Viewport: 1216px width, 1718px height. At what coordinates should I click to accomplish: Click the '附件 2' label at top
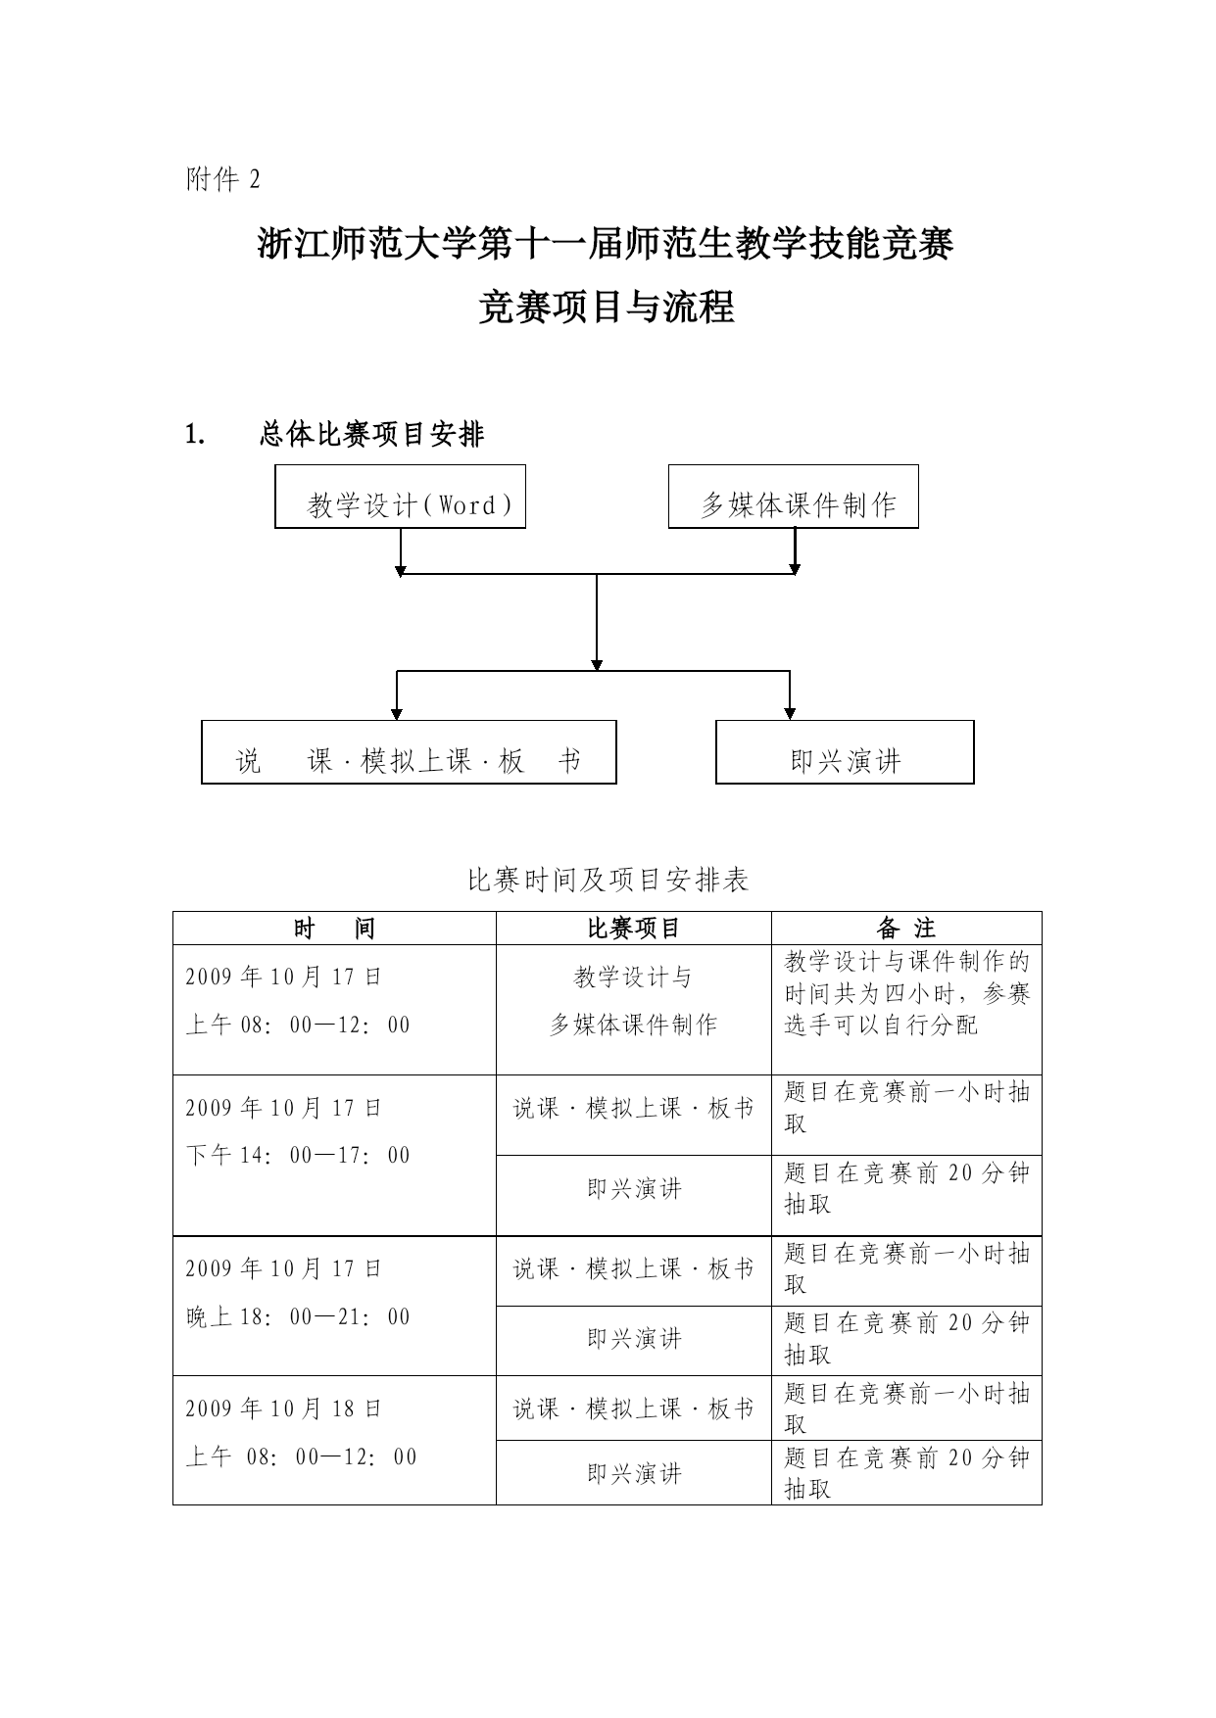(x=223, y=179)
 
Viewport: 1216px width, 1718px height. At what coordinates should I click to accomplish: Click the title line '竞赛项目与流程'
(x=607, y=308)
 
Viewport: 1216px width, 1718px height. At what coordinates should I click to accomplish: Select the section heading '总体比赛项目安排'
(x=372, y=434)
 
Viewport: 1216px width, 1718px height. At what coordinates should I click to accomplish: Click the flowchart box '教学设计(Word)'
(x=400, y=497)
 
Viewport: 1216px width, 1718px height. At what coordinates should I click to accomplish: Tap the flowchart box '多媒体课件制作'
(x=794, y=497)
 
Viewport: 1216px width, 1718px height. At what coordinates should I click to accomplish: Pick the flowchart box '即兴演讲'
(x=845, y=752)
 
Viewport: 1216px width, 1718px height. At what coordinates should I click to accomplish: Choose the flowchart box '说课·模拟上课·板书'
(x=409, y=752)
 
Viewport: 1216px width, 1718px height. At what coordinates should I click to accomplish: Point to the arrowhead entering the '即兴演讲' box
(x=790, y=713)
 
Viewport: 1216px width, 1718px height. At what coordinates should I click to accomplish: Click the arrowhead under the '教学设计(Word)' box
(x=400, y=568)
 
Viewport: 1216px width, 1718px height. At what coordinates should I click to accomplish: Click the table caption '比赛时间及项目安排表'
(x=608, y=880)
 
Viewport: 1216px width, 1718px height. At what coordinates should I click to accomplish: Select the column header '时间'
(x=334, y=929)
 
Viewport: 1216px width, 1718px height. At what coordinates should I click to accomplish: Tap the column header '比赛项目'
(x=633, y=929)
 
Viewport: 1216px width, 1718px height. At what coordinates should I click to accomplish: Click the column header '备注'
(x=906, y=929)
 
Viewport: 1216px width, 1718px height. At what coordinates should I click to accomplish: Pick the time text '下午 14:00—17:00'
(x=298, y=1156)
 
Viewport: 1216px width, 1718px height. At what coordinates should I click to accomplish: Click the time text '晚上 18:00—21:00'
(x=298, y=1317)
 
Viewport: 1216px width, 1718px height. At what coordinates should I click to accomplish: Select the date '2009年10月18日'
(x=284, y=1409)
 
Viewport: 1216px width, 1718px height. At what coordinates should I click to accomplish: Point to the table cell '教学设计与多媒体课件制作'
(x=633, y=1001)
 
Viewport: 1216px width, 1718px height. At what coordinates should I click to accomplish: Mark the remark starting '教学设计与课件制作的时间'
(x=907, y=993)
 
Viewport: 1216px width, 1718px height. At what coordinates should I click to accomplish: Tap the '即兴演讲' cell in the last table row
(x=634, y=1474)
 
